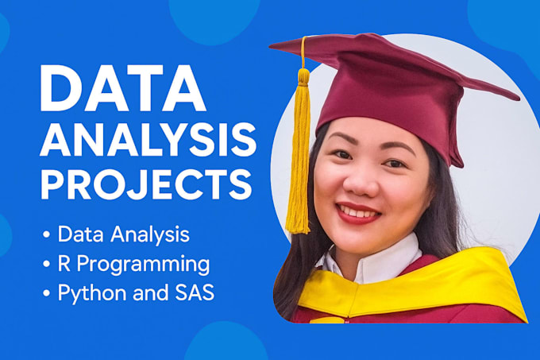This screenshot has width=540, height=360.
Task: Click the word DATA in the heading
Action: click(x=123, y=89)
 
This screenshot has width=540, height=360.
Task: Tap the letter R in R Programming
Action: click(x=65, y=263)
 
